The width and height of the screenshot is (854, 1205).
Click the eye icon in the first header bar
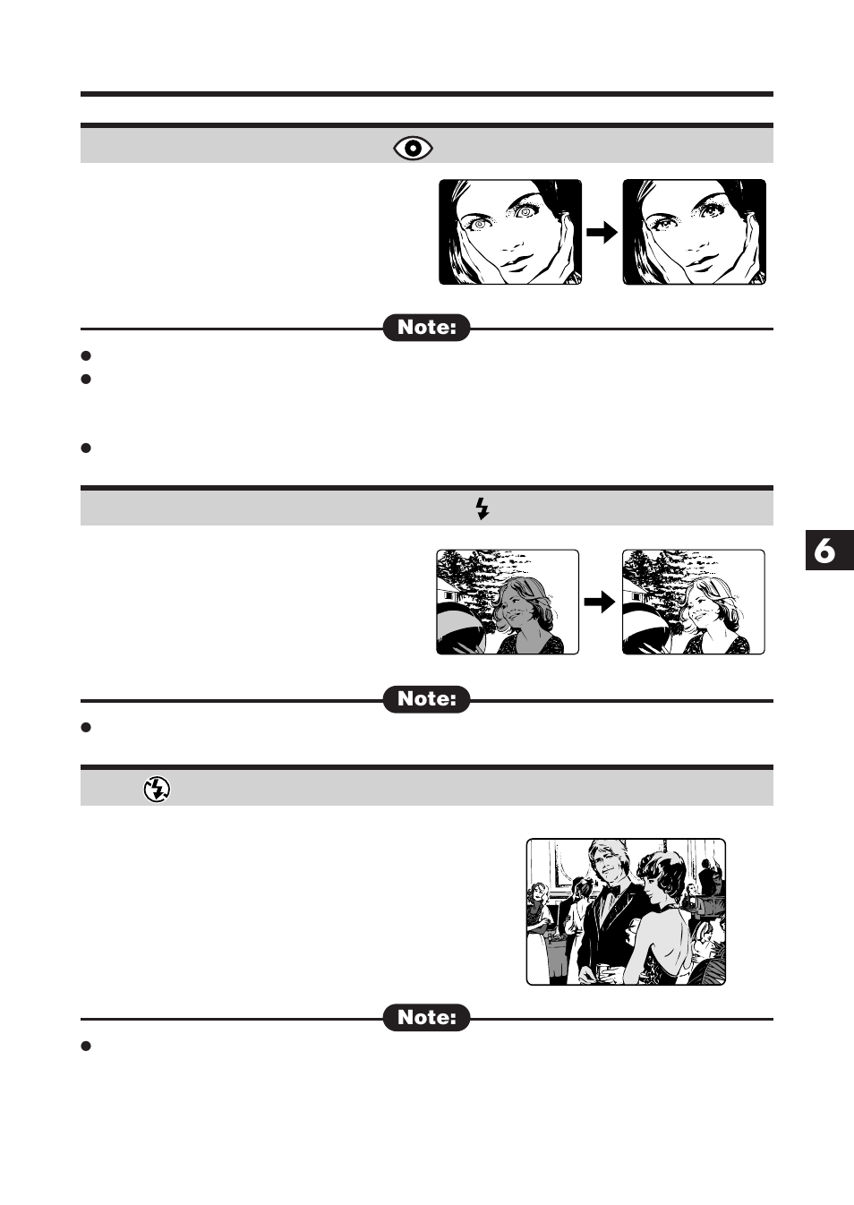click(414, 149)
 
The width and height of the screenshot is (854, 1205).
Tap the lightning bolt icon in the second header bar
click(482, 508)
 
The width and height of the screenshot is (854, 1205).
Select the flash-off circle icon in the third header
click(157, 789)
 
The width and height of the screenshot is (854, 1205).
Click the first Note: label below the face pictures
click(427, 328)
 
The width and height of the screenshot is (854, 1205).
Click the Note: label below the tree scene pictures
click(427, 699)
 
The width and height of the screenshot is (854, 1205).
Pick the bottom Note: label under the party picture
click(427, 1018)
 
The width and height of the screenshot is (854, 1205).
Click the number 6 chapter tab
click(824, 551)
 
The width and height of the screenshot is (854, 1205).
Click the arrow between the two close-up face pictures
click(602, 233)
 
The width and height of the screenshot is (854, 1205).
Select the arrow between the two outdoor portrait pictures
click(600, 602)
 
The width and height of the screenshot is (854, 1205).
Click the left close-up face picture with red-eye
click(510, 232)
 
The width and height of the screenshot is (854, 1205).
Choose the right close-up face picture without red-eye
click(694, 232)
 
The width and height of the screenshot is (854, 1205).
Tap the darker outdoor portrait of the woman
click(508, 602)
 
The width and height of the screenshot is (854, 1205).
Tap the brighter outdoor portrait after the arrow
click(693, 602)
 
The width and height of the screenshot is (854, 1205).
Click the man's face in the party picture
click(605, 859)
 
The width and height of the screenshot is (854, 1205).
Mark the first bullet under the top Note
click(87, 356)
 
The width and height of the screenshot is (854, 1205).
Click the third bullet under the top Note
click(87, 448)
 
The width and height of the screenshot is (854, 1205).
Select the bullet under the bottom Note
click(87, 1046)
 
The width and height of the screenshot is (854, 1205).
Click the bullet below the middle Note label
click(87, 727)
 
